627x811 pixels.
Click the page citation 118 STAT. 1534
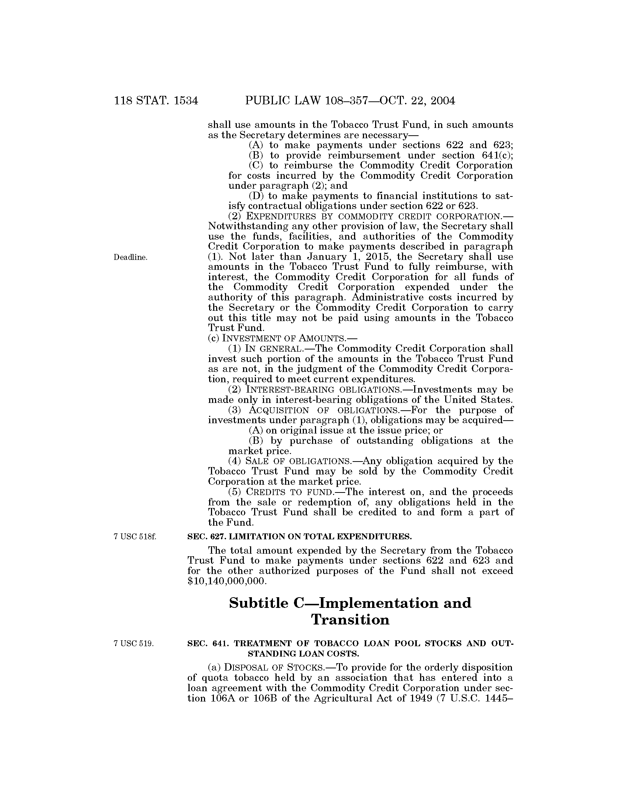(156, 101)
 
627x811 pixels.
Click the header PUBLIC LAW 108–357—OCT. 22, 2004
(350, 101)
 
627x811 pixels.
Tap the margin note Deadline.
(130, 257)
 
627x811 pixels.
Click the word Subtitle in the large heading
(259, 603)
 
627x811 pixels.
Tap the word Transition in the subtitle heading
(350, 620)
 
